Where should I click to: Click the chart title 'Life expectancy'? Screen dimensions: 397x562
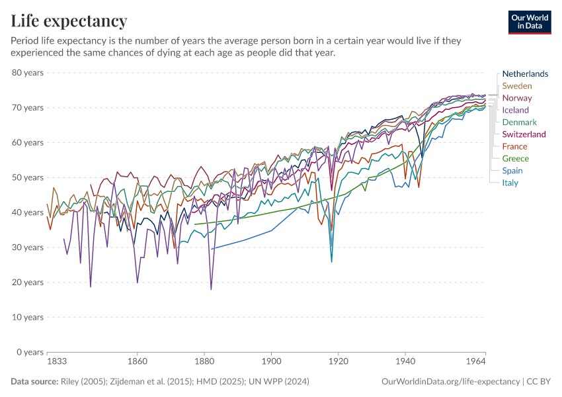coord(69,21)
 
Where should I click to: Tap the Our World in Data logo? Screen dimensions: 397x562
coord(529,22)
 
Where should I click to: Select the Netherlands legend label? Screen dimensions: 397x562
coord(525,74)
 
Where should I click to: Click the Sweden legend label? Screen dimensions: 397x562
coord(517,86)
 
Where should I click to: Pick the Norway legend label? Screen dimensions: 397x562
coord(517,98)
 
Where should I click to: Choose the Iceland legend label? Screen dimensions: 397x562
coord(516,110)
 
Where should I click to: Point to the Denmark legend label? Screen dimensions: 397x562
coord(520,122)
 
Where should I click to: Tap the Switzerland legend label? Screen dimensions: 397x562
coord(524,134)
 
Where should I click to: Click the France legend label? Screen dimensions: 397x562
coord(515,146)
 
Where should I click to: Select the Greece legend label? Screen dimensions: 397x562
coord(516,159)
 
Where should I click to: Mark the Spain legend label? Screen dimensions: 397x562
coord(512,171)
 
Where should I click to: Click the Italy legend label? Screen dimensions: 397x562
coord(510,183)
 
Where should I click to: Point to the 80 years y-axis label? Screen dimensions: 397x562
coord(28,73)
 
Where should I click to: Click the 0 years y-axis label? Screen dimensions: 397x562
coord(30,352)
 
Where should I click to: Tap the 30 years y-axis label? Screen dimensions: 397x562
coord(28,247)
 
